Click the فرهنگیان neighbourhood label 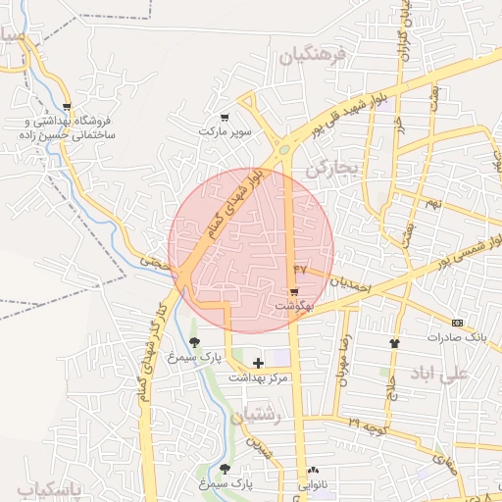tap(314, 57)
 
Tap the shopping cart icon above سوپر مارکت tap(225, 118)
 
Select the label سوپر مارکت tap(225, 130)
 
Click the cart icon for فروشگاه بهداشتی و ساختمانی tap(67, 107)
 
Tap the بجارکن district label tap(327, 169)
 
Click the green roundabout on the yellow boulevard tap(283, 150)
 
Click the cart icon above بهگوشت tap(293, 293)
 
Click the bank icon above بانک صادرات tap(456, 323)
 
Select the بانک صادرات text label tap(456, 336)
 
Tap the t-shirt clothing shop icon tap(395, 343)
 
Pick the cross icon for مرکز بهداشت tap(258, 364)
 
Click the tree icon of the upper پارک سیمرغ tap(194, 342)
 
